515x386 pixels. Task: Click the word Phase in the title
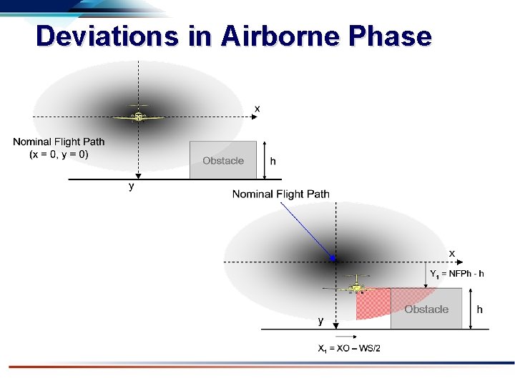394,36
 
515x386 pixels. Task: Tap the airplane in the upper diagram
137,115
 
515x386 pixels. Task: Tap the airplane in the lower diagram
353,286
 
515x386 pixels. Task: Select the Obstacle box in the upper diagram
223,160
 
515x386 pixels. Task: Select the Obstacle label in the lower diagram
426,309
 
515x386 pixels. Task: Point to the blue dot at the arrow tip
333,258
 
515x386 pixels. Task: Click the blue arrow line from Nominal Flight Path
306,229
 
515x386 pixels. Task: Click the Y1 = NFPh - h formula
456,273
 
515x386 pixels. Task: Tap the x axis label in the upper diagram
257,107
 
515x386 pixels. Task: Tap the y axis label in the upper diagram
131,187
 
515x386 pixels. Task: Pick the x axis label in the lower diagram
451,253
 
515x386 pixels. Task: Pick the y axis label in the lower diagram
321,322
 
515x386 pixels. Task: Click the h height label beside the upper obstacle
273,161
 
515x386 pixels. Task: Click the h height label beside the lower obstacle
479,309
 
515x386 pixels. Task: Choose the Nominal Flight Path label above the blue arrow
281,194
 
